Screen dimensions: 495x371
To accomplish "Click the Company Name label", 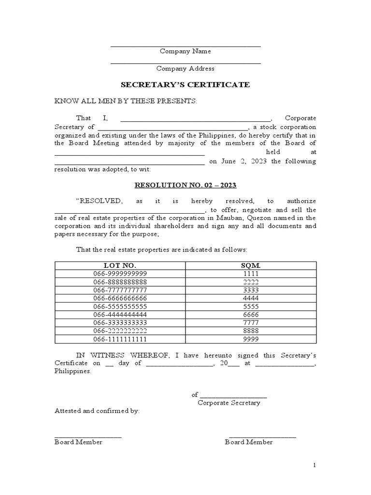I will click(x=185, y=51).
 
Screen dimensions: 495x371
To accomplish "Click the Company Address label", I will click(x=185, y=69).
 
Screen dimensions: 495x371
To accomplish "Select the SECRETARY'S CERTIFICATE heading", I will click(x=185, y=85).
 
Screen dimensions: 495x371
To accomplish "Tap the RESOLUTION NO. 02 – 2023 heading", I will click(x=185, y=185).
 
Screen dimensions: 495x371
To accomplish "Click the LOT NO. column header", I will click(x=120, y=265).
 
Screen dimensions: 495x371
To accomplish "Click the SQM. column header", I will click(x=251, y=265).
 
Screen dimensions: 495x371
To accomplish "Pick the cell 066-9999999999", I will click(x=120, y=274).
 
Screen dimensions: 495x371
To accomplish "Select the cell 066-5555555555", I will click(x=120, y=306).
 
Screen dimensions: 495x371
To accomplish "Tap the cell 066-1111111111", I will click(x=120, y=339).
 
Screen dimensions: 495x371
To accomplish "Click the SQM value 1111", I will click(x=251, y=274).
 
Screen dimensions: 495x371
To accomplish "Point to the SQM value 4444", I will click(x=251, y=298).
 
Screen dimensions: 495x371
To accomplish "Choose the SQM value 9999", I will click(x=251, y=339).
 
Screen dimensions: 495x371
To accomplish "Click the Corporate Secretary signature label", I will click(x=229, y=403).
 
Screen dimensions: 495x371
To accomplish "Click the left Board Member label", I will click(x=78, y=442).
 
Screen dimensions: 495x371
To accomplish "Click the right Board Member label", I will click(x=249, y=442).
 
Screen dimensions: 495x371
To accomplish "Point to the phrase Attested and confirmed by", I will click(x=97, y=411).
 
